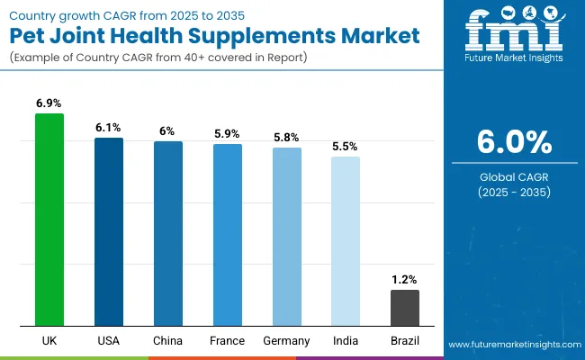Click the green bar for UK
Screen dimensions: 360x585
[49, 220]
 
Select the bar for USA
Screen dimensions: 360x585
[109, 231]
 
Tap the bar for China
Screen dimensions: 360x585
[168, 233]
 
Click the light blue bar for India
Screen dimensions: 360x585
[346, 240]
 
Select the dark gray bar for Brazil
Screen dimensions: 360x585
[405, 308]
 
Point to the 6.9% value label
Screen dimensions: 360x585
[49, 104]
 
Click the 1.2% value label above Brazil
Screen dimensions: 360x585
[405, 280]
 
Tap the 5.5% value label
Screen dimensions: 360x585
[346, 147]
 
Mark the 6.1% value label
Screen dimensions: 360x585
[109, 128]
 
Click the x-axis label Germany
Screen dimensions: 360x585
[287, 341]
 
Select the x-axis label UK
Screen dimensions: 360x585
[49, 341]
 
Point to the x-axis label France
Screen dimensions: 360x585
[228, 341]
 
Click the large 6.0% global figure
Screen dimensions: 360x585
[511, 142]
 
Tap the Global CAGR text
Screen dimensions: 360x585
[511, 176]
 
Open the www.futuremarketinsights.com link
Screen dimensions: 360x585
[512, 345]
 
